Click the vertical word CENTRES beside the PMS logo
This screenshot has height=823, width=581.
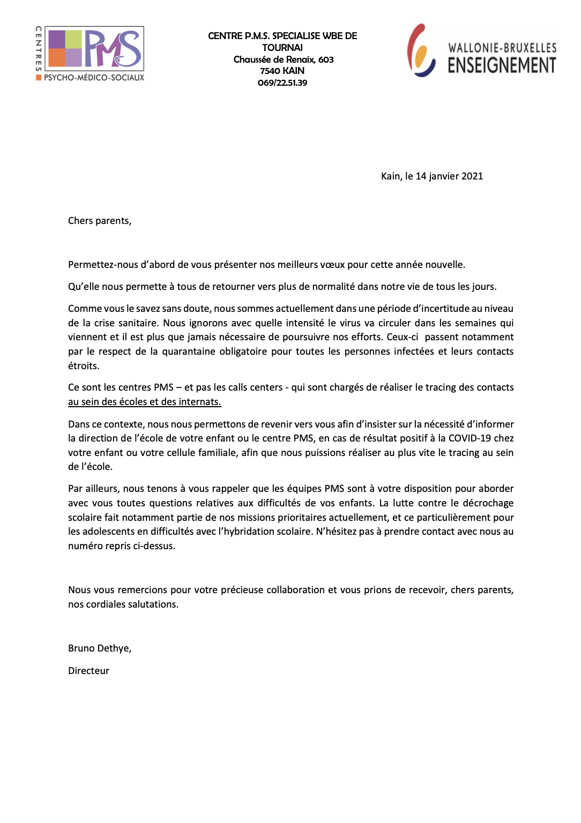coord(39,49)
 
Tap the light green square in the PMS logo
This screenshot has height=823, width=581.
coord(73,39)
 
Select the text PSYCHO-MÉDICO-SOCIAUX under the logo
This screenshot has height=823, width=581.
coord(94,78)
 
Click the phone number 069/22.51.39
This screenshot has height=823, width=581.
coord(282,83)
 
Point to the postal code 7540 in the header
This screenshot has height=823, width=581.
coord(270,71)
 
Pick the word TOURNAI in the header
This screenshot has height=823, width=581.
coord(282,48)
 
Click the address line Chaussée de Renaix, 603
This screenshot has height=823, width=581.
coord(284,59)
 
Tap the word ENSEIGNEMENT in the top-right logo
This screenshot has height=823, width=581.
coord(502,65)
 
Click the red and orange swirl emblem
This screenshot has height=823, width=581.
coord(420,50)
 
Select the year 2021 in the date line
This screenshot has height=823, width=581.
coord(472,176)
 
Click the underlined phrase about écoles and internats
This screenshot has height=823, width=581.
coord(145,402)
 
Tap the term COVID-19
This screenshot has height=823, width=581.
coord(470,438)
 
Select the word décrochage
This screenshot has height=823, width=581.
coord(488,503)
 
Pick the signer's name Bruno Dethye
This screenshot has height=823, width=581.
coord(99,648)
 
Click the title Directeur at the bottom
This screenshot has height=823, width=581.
coord(88,671)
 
